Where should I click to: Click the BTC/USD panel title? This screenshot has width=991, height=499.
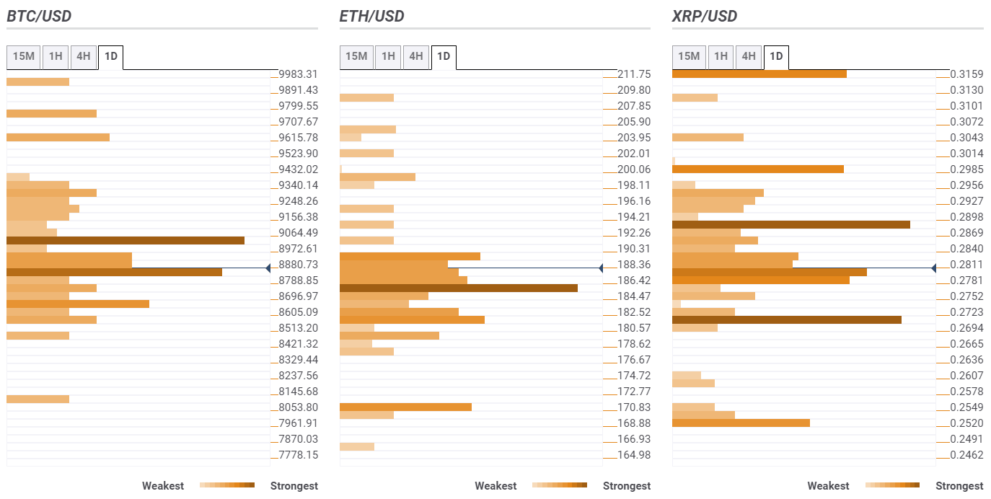pyautogui.click(x=39, y=16)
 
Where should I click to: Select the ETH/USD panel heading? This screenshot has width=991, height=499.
pyautogui.click(x=372, y=16)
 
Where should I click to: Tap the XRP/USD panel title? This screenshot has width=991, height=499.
pyautogui.click(x=705, y=16)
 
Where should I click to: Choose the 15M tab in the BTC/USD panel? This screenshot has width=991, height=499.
pyautogui.click(x=24, y=56)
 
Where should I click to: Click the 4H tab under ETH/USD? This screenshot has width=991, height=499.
pyautogui.click(x=415, y=56)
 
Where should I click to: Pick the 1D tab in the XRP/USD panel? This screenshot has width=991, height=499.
pyautogui.click(x=776, y=56)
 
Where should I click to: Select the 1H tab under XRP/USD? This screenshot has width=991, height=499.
pyautogui.click(x=721, y=56)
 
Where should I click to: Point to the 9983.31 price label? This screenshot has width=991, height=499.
pyautogui.click(x=298, y=74)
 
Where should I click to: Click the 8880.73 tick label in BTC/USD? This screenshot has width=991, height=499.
pyautogui.click(x=298, y=265)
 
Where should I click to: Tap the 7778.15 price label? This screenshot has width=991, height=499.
pyautogui.click(x=298, y=455)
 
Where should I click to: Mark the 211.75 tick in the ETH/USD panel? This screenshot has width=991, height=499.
pyautogui.click(x=634, y=74)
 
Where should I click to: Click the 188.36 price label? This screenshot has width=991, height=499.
pyautogui.click(x=634, y=265)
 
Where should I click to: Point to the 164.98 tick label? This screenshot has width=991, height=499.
pyautogui.click(x=634, y=455)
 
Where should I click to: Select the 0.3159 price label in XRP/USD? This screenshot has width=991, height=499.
pyautogui.click(x=966, y=74)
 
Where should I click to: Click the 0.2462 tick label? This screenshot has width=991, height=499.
pyautogui.click(x=966, y=455)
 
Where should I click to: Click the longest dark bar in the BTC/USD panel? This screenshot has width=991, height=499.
pyautogui.click(x=125, y=240)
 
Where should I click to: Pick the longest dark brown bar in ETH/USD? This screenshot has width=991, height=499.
pyautogui.click(x=459, y=288)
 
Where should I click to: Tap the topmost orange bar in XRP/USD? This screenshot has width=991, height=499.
pyautogui.click(x=759, y=74)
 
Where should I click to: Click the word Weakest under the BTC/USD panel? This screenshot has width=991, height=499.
pyautogui.click(x=163, y=486)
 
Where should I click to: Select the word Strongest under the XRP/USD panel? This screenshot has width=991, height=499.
pyautogui.click(x=959, y=486)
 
